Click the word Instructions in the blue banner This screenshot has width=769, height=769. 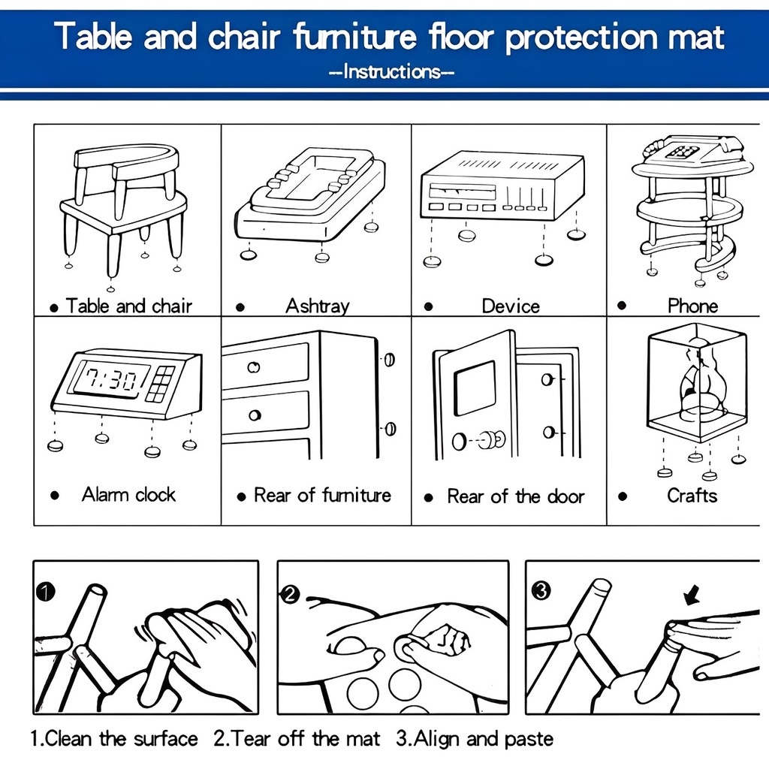pos(391,72)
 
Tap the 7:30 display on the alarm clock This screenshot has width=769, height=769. pos(112,379)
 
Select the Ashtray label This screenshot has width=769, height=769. pos(318,306)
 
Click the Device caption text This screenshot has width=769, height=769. pos(511,306)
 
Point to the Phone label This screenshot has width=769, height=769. pos(692,306)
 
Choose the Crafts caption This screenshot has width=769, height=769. pos(692,496)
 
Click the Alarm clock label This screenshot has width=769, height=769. pos(128,494)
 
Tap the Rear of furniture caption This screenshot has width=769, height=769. pos(322,496)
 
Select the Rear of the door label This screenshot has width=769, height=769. pos(515,496)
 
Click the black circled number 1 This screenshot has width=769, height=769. pos(46,592)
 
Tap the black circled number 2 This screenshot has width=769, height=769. pos(289,595)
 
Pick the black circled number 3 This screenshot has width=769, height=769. pos(541,591)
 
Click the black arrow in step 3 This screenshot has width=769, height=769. pos(692,597)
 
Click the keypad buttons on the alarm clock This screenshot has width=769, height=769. pos(161,384)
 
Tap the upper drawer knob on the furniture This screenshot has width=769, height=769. pos(254,366)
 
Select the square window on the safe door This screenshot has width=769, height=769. pos(475,388)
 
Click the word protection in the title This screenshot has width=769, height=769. pos(581,37)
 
